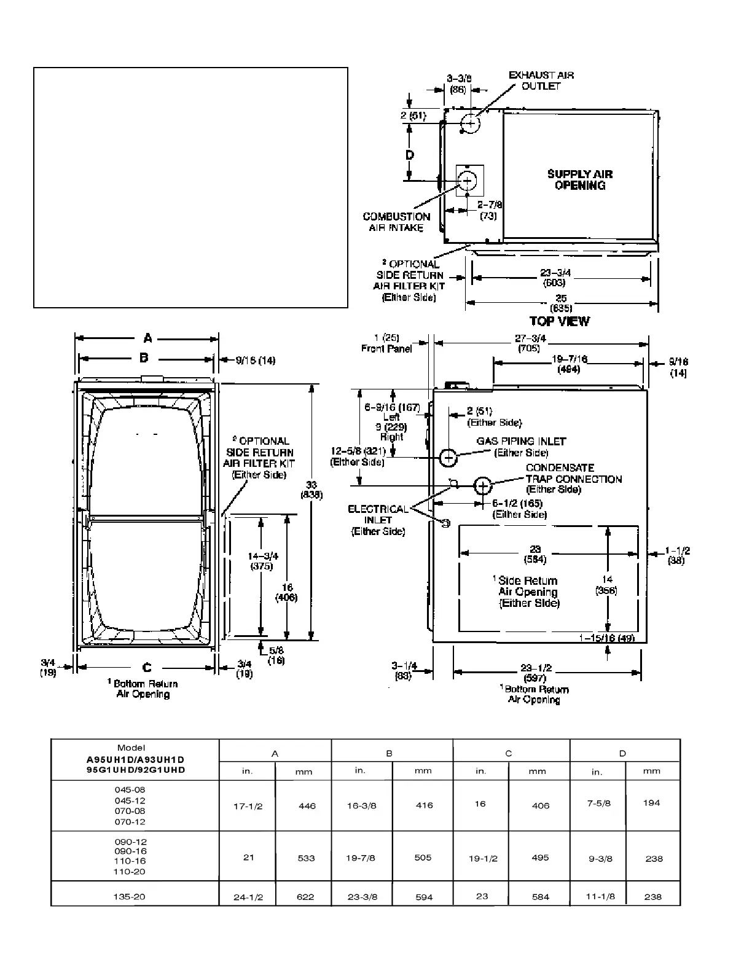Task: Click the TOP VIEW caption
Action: click(x=559, y=321)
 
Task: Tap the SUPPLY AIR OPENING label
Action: click(x=580, y=179)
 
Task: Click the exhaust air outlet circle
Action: click(x=470, y=123)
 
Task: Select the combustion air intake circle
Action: click(x=468, y=181)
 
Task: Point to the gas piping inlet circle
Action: click(x=448, y=457)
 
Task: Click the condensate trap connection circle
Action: click(x=483, y=486)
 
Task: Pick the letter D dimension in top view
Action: click(x=410, y=155)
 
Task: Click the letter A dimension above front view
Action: click(x=147, y=338)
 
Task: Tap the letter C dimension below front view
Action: click(x=147, y=668)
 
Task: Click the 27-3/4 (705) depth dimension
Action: click(x=530, y=343)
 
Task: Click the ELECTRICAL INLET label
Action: click(x=378, y=520)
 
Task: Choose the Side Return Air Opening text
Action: click(x=528, y=592)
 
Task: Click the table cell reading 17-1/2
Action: click(x=248, y=806)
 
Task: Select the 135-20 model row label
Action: click(x=130, y=897)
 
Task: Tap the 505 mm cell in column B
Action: click(x=423, y=858)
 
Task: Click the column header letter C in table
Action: click(x=509, y=753)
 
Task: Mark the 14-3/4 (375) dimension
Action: click(x=262, y=561)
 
